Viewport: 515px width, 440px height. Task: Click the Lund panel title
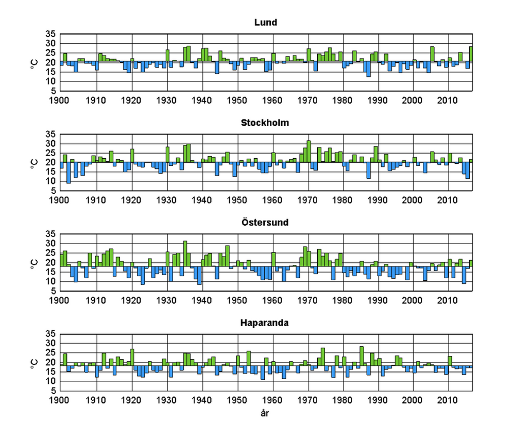pos(266,23)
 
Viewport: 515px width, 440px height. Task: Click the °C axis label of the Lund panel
pos(35,63)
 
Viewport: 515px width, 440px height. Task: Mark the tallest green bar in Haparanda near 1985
pos(362,356)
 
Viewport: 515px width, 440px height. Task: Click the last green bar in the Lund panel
pos(471,54)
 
